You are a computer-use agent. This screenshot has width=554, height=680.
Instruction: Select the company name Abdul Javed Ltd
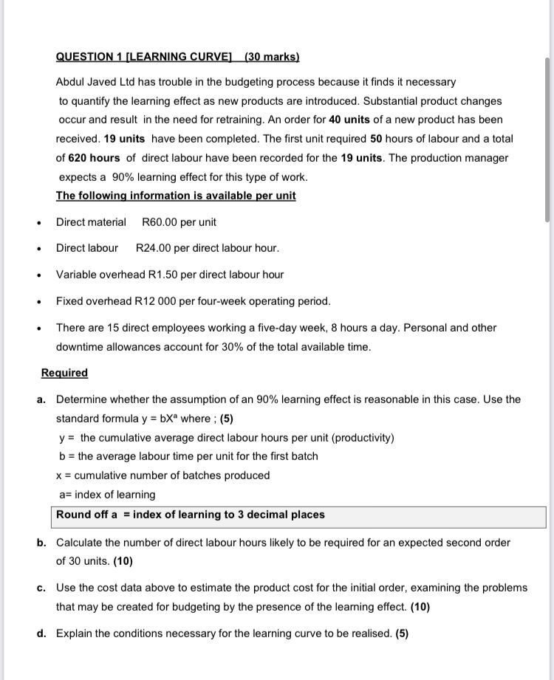tap(96, 82)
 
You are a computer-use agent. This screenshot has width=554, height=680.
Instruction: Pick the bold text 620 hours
tap(94, 158)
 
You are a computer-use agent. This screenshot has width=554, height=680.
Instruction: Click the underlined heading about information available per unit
tap(176, 196)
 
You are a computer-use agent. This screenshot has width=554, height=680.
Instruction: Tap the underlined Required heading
tap(64, 373)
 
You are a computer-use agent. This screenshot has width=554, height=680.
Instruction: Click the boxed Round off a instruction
tap(191, 515)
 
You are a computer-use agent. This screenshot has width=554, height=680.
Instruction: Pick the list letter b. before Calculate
tap(42, 543)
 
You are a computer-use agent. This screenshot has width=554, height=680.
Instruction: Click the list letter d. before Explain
tap(42, 633)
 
